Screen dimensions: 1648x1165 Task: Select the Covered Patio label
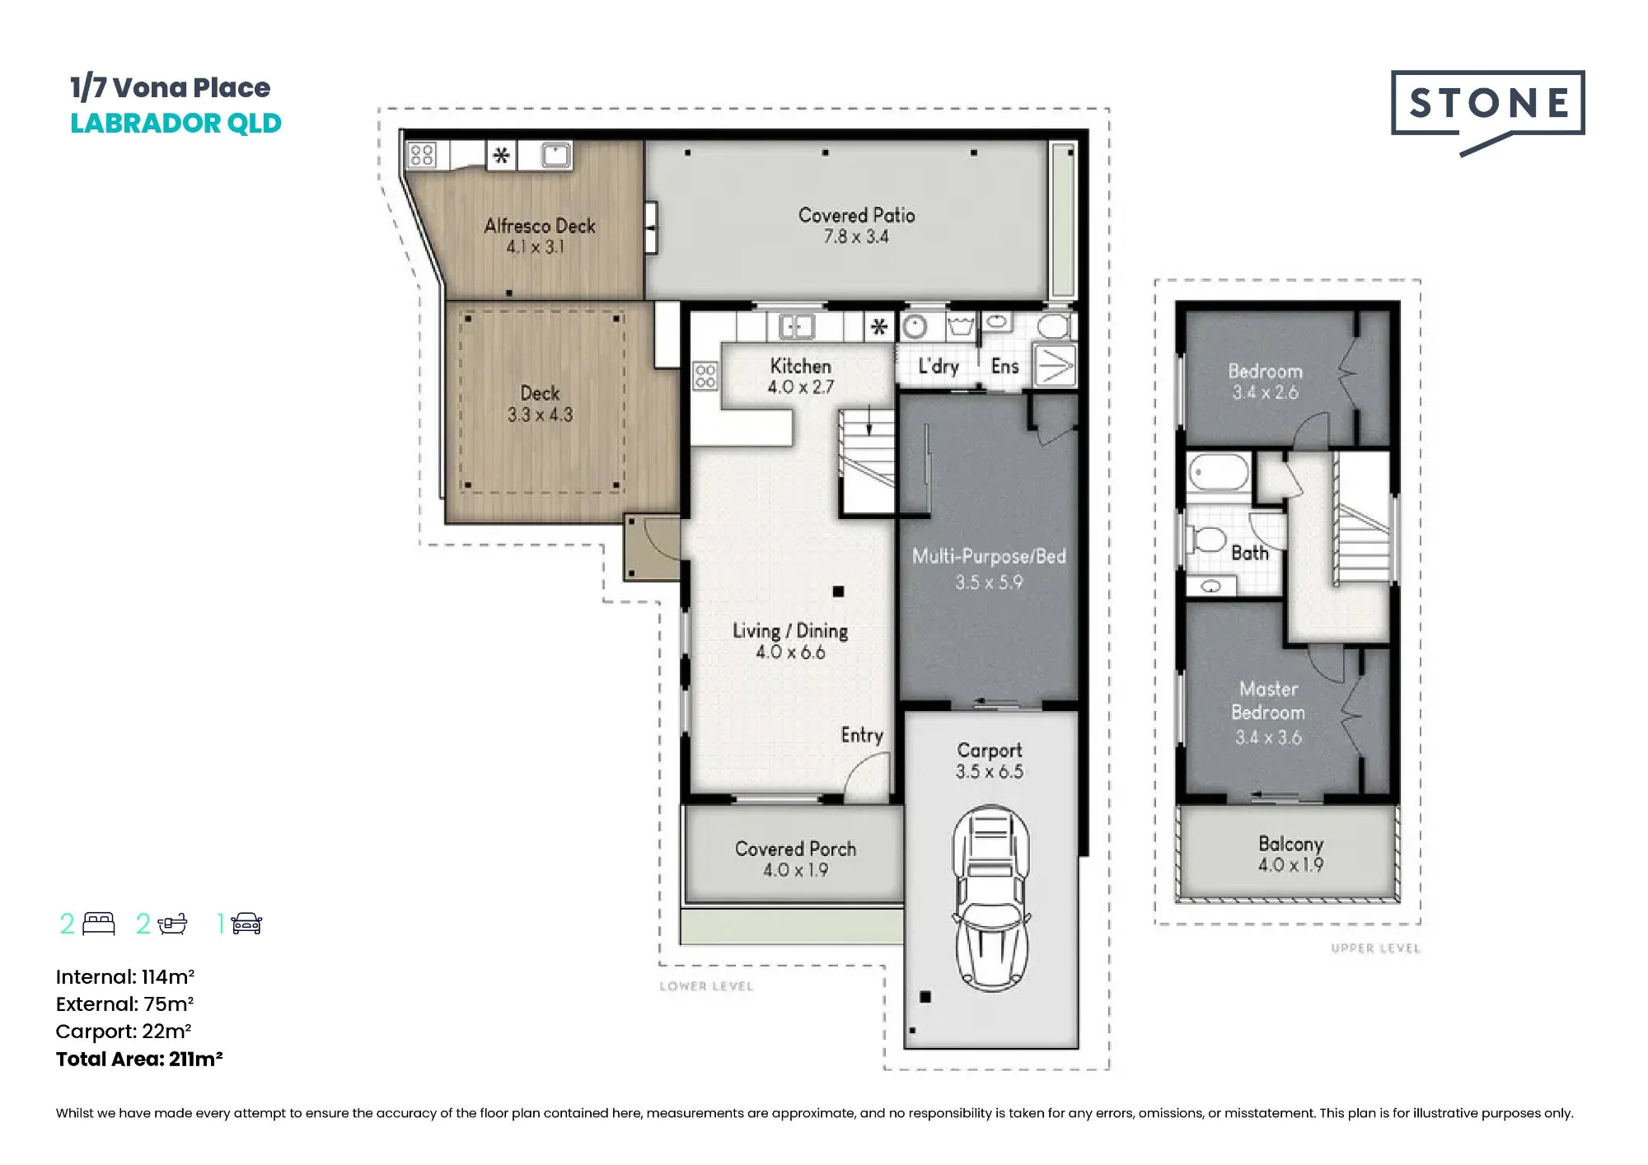click(857, 226)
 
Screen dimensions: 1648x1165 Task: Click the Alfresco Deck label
click(540, 236)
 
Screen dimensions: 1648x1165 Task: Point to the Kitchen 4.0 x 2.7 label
click(800, 377)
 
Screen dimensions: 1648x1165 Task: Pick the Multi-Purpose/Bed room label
click(989, 569)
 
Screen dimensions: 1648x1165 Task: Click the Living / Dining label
click(790, 641)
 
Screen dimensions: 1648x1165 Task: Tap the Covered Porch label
click(795, 859)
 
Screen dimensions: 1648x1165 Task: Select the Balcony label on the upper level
click(1290, 854)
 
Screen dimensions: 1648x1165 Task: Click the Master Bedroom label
click(1268, 713)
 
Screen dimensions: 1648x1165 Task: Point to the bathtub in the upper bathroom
click(1218, 474)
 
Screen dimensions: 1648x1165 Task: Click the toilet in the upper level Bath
click(1206, 540)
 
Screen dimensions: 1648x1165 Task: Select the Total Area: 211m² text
click(139, 1059)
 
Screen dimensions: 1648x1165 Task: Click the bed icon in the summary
click(99, 924)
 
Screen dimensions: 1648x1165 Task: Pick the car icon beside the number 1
click(246, 924)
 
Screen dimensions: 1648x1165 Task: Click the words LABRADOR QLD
click(176, 124)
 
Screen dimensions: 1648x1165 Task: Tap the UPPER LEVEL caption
click(1375, 948)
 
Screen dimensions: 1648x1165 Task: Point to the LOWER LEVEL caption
click(706, 986)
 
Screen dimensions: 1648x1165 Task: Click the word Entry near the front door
click(862, 735)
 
